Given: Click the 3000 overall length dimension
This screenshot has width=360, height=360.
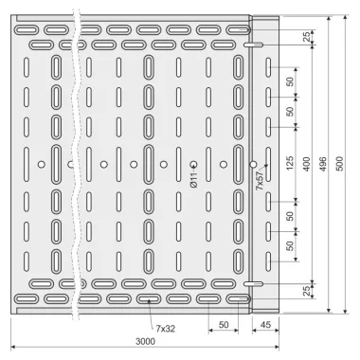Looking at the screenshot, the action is (145, 341).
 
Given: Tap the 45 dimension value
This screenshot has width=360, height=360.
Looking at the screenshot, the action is (266, 325).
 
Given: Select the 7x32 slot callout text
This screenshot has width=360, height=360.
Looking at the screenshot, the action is (165, 329).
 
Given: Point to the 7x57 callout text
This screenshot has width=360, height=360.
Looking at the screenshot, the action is (260, 180).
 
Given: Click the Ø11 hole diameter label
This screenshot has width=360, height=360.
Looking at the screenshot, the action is (194, 180).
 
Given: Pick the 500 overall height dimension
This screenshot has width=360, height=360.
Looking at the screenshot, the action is (339, 164).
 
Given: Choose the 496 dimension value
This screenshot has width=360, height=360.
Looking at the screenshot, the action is (323, 164).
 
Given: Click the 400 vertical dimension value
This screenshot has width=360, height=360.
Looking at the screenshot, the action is (306, 164).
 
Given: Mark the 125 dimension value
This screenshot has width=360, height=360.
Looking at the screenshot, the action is (290, 164).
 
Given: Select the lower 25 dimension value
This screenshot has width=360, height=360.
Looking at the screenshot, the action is (306, 291).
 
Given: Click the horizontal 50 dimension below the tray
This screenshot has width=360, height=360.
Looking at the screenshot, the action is (224, 325).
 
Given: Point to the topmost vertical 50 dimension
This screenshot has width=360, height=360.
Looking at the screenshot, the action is (290, 81).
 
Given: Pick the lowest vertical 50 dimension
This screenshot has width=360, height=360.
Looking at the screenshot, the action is (290, 245).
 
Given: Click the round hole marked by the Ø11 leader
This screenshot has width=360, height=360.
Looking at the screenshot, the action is (193, 164).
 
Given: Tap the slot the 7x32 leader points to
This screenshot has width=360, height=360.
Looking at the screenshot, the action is (149, 298).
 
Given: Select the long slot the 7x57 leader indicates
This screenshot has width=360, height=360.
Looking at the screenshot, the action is (268, 164).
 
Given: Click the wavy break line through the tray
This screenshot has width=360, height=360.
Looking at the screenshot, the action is (75, 164).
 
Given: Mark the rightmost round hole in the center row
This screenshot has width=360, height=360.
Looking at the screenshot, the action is (253, 164).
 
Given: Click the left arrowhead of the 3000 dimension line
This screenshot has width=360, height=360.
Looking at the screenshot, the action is (13, 348).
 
